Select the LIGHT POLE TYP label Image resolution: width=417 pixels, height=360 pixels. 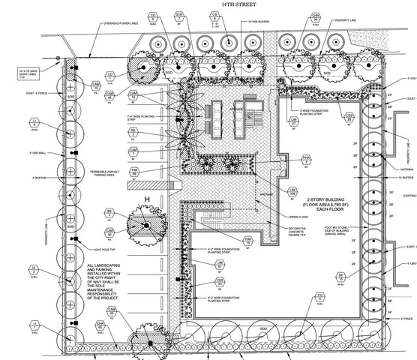(x=107, y=247)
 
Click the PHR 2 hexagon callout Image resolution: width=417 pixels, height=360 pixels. (x=285, y=158)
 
